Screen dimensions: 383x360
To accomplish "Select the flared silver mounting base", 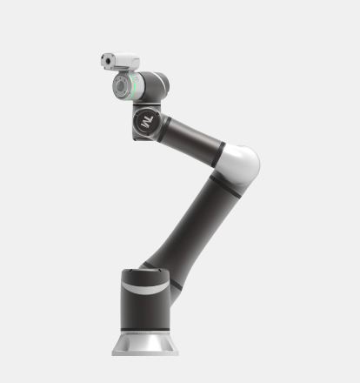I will pyautogui.click(x=145, y=343).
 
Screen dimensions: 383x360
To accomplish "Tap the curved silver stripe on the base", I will pyautogui.click(x=144, y=286).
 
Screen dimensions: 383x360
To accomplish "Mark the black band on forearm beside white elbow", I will pyautogui.click(x=219, y=151).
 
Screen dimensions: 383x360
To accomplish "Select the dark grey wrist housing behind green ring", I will pyautogui.click(x=152, y=85).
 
